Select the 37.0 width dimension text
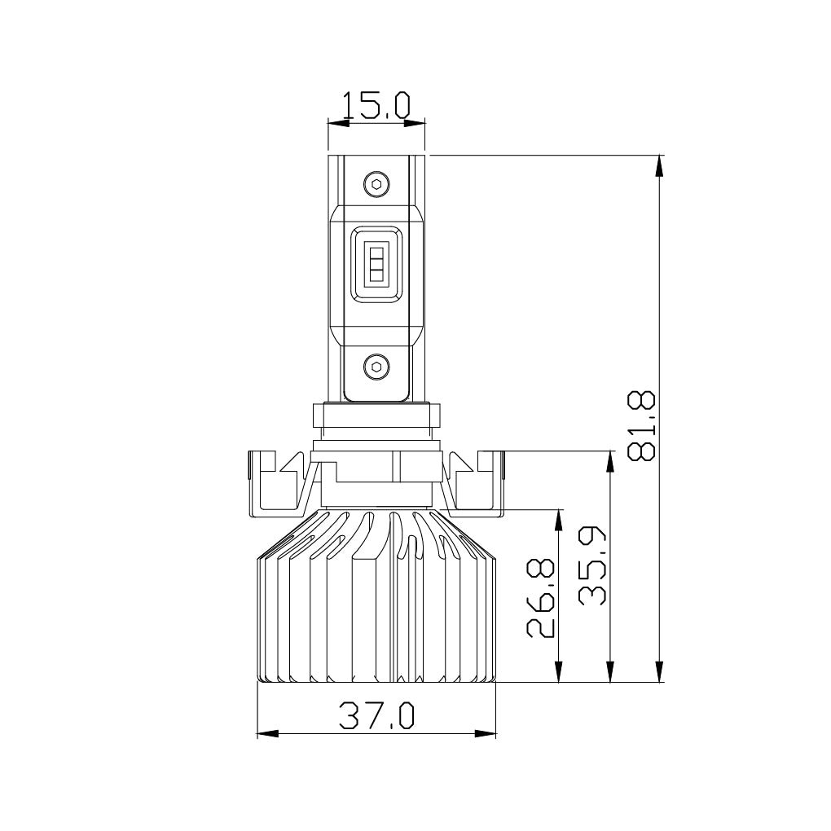click(376, 716)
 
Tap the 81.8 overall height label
click(643, 426)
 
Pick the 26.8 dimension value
click(542, 598)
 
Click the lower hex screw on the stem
click(376, 367)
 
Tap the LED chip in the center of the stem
click(376, 261)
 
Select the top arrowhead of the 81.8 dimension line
click(661, 164)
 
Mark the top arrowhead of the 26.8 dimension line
click(559, 519)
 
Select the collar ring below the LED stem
click(376, 415)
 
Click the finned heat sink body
click(376, 603)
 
